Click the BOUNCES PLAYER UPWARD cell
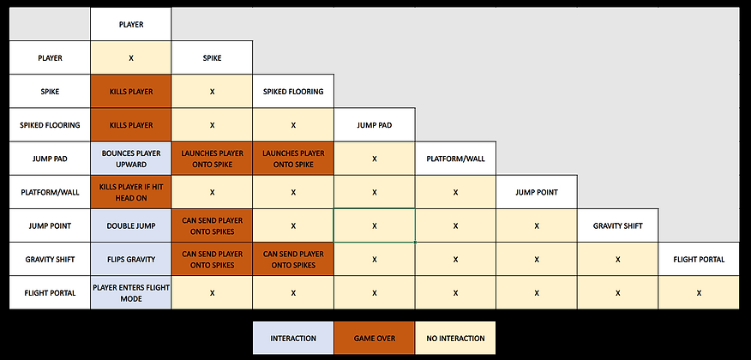(130, 159)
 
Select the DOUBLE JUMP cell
(130, 225)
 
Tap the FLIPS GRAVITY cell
(130, 259)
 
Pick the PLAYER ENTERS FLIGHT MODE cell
(130, 292)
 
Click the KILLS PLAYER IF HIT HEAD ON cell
(130, 192)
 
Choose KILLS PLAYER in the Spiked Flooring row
(130, 125)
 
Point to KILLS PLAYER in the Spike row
(130, 92)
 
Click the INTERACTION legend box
(292, 338)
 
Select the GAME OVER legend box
(374, 338)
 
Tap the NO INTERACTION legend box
(455, 338)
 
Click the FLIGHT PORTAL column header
(699, 259)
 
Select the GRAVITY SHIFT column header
(617, 225)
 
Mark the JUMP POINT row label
(50, 225)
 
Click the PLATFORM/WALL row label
(50, 192)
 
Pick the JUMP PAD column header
(374, 125)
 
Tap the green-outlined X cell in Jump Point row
(374, 225)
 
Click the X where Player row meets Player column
(130, 58)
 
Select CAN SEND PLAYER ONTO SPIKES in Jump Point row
(212, 225)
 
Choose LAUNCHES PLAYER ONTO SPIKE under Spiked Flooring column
(292, 159)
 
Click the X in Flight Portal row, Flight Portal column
(699, 292)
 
